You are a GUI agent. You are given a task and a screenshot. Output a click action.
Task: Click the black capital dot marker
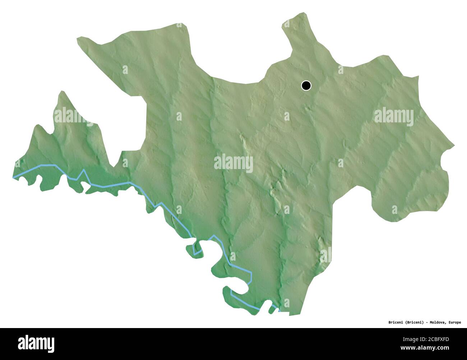coord(306,85)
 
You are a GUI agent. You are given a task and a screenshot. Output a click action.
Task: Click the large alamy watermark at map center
coord(233,163)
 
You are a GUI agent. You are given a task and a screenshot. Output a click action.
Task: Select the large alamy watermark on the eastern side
coord(394,117)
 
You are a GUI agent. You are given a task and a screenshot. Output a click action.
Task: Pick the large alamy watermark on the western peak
coord(73,116)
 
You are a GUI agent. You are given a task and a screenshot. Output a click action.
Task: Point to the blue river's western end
coord(14,177)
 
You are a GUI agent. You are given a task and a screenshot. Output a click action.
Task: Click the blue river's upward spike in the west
coord(84,170)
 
